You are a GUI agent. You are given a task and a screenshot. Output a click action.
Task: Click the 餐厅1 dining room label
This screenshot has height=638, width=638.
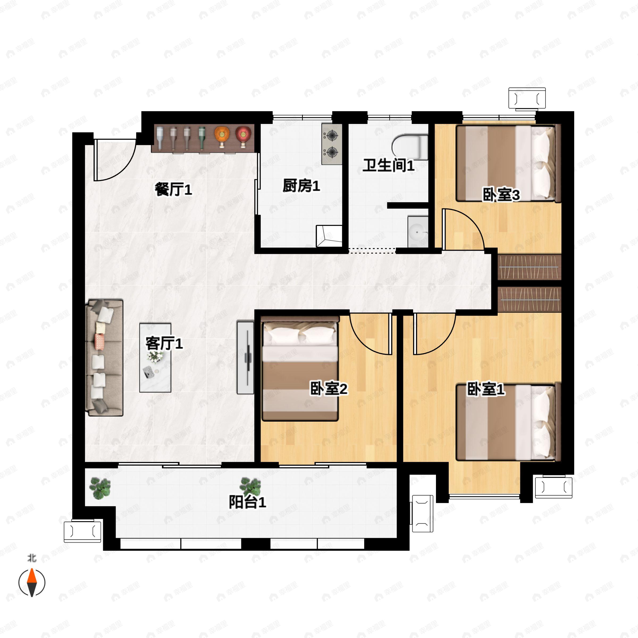[x=173, y=190]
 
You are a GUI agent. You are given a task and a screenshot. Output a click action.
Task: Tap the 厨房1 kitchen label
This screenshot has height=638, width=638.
[x=301, y=186]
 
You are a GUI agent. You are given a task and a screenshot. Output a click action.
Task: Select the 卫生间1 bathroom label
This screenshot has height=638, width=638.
[x=389, y=165]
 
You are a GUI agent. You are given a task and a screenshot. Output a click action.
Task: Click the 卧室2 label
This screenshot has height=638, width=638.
[x=329, y=389]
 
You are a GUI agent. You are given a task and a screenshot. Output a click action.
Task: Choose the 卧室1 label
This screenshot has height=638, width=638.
[x=486, y=389]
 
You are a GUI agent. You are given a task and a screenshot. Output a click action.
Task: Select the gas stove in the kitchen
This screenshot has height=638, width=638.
[x=331, y=144]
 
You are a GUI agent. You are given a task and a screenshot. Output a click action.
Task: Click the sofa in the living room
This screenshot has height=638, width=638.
[x=104, y=358]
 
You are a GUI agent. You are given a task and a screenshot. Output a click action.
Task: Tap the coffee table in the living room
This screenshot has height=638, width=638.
[x=155, y=358]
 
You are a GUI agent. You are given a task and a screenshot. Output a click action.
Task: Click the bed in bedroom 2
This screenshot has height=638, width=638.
[x=300, y=368]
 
